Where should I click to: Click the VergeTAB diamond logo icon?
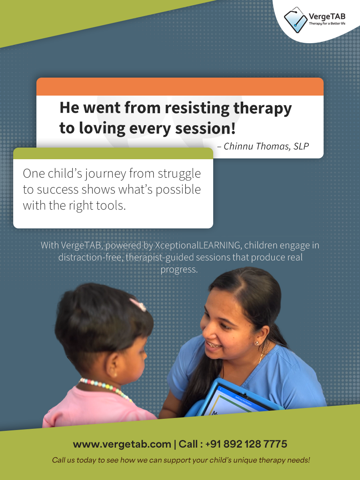[296, 20]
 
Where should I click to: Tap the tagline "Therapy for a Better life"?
[327, 23]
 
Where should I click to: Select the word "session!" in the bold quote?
[205, 128]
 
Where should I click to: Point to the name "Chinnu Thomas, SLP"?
[266, 146]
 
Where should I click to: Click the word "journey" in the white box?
[106, 174]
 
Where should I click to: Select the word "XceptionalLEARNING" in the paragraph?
[198, 245]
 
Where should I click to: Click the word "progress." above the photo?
[179, 270]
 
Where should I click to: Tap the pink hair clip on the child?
[138, 304]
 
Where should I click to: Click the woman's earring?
[257, 343]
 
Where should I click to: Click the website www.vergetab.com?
[122, 444]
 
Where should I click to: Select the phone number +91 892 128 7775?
[246, 444]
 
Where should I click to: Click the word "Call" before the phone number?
[188, 444]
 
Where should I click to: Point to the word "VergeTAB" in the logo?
[327, 17]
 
